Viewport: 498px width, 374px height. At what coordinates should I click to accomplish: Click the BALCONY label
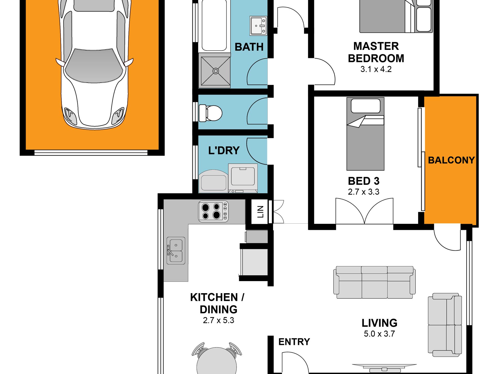[x=451, y=160]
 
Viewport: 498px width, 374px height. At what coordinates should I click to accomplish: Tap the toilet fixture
[x=211, y=113]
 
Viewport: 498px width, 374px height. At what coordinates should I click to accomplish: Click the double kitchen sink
[x=176, y=251]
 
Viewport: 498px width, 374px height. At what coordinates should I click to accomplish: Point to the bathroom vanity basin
[x=258, y=26]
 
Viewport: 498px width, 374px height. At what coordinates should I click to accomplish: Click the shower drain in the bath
[x=216, y=71]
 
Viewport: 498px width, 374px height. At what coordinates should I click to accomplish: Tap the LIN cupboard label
[x=260, y=212]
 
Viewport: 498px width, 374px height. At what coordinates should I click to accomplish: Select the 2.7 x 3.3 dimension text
[x=364, y=192]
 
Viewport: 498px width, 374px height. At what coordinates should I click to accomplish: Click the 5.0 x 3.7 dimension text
[x=379, y=334]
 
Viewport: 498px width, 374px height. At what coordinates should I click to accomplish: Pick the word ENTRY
[x=294, y=342]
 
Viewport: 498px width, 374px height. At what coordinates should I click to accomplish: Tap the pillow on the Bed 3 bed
[x=366, y=106]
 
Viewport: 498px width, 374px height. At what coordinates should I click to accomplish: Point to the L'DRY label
[x=224, y=151]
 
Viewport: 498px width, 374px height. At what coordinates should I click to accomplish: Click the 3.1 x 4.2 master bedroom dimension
[x=376, y=69]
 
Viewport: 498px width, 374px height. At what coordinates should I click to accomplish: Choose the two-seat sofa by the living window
[x=445, y=325]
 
